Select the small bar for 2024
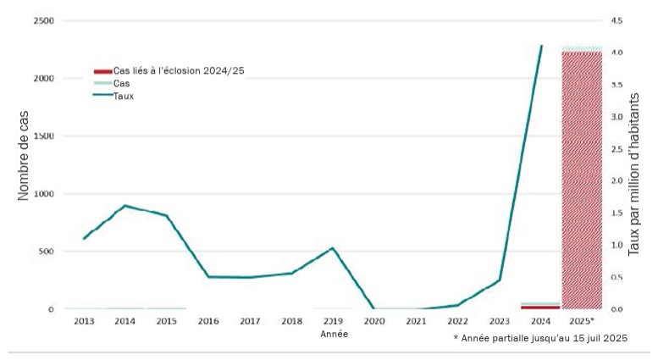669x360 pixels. tap(540, 306)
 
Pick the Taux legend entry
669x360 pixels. tap(124, 97)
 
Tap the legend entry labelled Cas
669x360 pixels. tap(121, 84)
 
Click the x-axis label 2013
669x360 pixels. tap(84, 322)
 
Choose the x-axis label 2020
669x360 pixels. tap(374, 322)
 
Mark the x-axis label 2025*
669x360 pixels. tap(582, 322)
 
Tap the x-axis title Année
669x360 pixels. tap(333, 335)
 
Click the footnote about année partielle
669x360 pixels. tap(540, 338)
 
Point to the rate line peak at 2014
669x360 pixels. tap(125, 205)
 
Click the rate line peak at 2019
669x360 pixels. tap(333, 248)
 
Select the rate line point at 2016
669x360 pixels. tap(208, 277)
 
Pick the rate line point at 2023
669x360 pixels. tap(499, 280)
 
